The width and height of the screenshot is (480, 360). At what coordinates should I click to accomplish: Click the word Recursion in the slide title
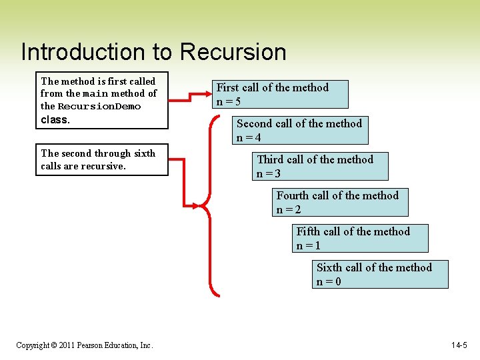[x=233, y=52]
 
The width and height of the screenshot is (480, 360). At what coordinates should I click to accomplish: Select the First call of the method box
[x=281, y=94]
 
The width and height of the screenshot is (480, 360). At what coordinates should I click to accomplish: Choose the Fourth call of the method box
[x=341, y=202]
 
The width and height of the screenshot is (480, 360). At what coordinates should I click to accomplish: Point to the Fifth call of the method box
[x=361, y=238]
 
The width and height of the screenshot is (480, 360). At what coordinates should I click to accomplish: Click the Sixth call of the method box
[x=381, y=274]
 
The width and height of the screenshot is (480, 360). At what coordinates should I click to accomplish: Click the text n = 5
[x=229, y=102]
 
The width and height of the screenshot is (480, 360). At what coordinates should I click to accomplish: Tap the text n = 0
[x=329, y=282]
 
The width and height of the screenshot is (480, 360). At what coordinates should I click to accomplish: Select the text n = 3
[x=269, y=174]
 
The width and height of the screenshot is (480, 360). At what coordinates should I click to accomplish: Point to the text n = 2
[x=289, y=210]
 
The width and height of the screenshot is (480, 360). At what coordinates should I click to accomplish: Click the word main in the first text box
[x=95, y=94]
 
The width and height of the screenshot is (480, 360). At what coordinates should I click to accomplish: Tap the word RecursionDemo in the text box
[x=99, y=107]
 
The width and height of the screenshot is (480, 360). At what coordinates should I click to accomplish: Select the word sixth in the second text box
[x=144, y=153]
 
